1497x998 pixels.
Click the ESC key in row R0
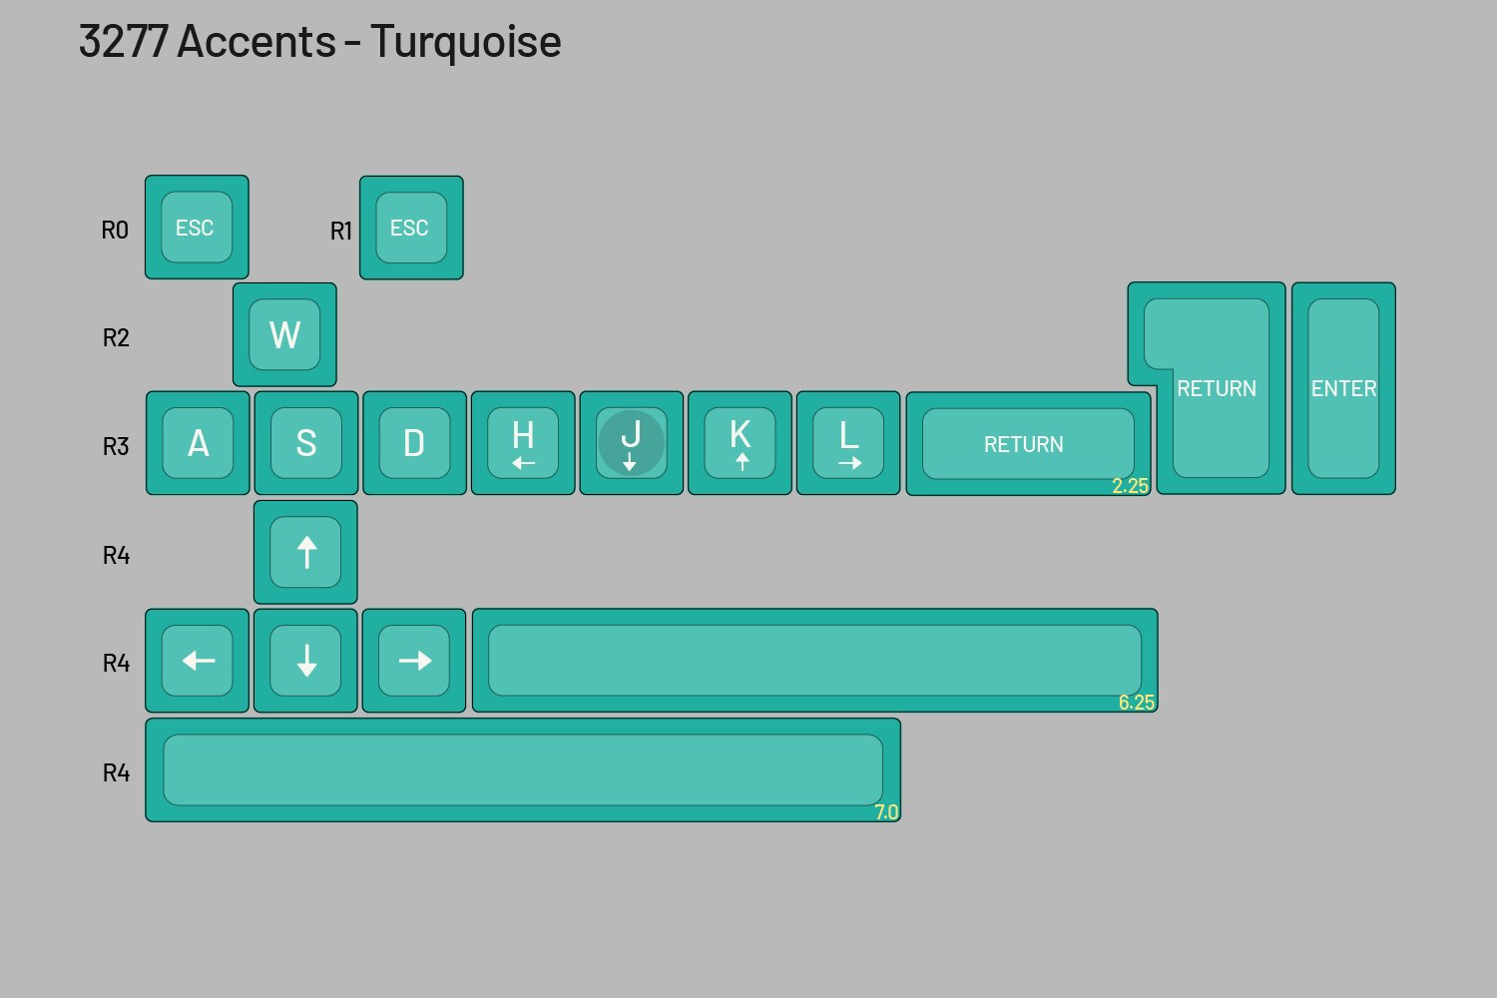click(x=197, y=228)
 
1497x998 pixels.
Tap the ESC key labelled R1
click(x=411, y=228)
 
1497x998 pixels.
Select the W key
click(x=284, y=334)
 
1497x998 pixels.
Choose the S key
click(x=306, y=443)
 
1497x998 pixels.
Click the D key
click(x=414, y=443)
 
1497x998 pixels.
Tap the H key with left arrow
click(x=523, y=443)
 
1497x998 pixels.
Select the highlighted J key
click(x=631, y=443)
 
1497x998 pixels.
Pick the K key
click(x=740, y=443)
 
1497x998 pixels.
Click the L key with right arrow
click(x=848, y=443)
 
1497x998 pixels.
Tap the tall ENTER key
click(x=1343, y=388)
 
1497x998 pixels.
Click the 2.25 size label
click(x=1130, y=486)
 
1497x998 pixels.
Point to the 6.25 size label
click(x=1137, y=703)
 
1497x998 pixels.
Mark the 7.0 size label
click(x=886, y=812)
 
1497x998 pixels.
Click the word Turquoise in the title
click(x=465, y=42)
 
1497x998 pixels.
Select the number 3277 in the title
click(x=123, y=42)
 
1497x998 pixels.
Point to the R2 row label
click(x=116, y=338)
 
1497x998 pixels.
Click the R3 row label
click(x=116, y=446)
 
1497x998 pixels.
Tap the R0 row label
click(x=115, y=231)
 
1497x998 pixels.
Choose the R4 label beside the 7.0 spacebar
click(x=116, y=773)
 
